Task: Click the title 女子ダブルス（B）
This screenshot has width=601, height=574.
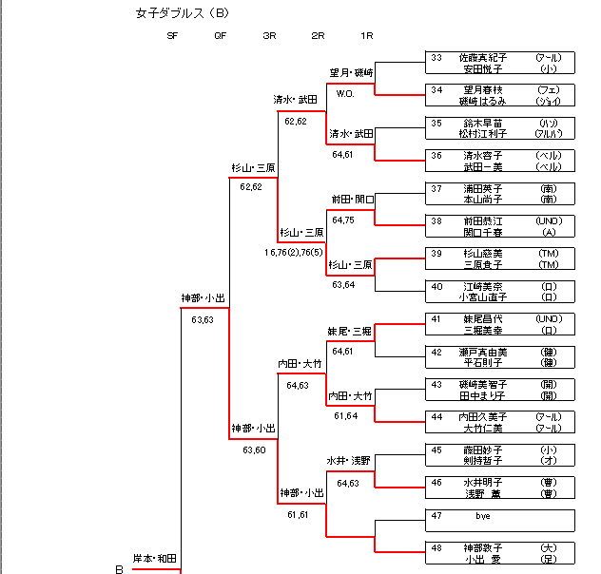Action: click(x=183, y=13)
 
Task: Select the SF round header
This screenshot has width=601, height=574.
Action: click(x=172, y=36)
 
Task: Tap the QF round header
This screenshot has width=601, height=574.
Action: click(x=221, y=36)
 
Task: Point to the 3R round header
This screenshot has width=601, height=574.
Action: click(x=269, y=36)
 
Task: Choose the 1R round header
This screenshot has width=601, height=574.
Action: click(x=367, y=36)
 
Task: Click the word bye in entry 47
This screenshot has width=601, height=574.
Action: click(x=482, y=515)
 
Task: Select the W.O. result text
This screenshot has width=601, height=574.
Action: click(x=344, y=93)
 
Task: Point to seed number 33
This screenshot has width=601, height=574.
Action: click(x=436, y=58)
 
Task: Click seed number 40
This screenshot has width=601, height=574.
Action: click(x=436, y=286)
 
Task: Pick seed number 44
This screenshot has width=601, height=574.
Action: click(x=436, y=416)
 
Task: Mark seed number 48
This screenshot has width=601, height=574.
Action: click(x=436, y=547)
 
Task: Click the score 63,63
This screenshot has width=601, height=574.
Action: click(x=202, y=319)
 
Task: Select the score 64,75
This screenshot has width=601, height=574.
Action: click(x=343, y=220)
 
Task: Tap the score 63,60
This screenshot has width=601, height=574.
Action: click(x=253, y=450)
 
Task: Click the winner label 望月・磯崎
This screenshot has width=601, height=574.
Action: click(x=351, y=72)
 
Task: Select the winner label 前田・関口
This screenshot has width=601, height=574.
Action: click(x=353, y=200)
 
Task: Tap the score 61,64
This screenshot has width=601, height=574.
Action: click(x=344, y=415)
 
